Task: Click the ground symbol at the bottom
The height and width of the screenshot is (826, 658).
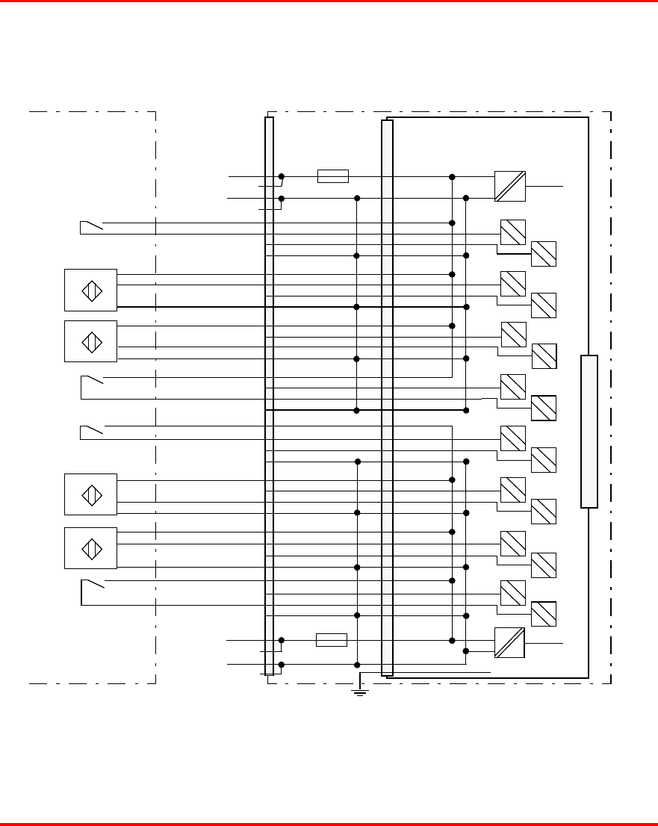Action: (359, 692)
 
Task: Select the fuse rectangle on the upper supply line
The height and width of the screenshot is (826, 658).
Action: (332, 176)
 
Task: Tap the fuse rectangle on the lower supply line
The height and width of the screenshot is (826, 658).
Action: (331, 640)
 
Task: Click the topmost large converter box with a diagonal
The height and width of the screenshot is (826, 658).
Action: (510, 187)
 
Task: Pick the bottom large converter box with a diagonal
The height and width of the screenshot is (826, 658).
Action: (509, 642)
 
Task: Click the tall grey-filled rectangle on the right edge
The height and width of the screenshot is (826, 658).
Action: (589, 432)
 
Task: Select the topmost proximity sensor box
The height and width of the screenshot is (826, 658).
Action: (90, 290)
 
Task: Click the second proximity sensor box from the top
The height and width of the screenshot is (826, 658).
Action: (90, 341)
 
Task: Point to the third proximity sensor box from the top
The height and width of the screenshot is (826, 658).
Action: (90, 494)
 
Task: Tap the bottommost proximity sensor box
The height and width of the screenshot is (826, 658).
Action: (90, 548)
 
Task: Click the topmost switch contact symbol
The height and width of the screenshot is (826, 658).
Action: (90, 226)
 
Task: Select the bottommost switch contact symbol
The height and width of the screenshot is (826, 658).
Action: (91, 585)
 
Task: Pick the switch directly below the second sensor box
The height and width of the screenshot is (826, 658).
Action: (90, 382)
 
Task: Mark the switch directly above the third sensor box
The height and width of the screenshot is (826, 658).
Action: (90, 430)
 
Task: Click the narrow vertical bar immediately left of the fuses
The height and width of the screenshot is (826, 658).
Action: (269, 396)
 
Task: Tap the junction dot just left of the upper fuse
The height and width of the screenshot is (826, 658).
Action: (282, 177)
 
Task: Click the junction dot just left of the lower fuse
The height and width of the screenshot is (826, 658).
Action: (282, 640)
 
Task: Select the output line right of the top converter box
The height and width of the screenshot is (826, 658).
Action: (544, 184)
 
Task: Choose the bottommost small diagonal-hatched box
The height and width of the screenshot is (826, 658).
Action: (544, 614)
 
